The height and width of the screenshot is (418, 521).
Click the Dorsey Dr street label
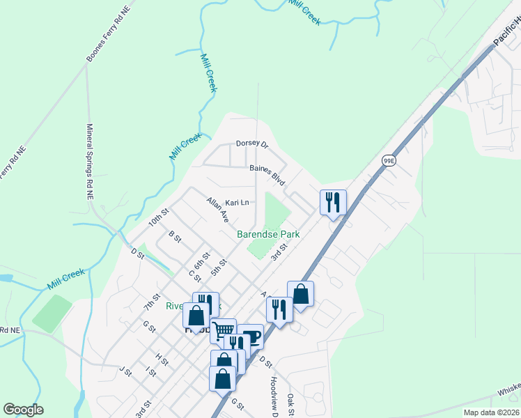(251, 143)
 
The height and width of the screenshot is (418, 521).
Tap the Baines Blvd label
(267, 174)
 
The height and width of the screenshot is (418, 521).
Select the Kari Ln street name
(237, 203)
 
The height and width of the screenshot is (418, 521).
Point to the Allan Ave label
(217, 210)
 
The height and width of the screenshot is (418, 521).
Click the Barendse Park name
(268, 235)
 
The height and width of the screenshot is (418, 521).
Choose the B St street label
(175, 239)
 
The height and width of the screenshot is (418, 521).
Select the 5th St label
(219, 268)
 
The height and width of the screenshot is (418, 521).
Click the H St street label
(162, 359)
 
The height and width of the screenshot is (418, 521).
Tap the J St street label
(125, 371)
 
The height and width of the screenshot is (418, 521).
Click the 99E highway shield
(389, 161)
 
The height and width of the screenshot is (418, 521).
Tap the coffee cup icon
(251, 336)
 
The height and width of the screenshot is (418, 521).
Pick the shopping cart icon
(223, 330)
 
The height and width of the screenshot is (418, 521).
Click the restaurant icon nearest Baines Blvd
(333, 202)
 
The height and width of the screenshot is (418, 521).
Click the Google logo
(23, 410)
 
